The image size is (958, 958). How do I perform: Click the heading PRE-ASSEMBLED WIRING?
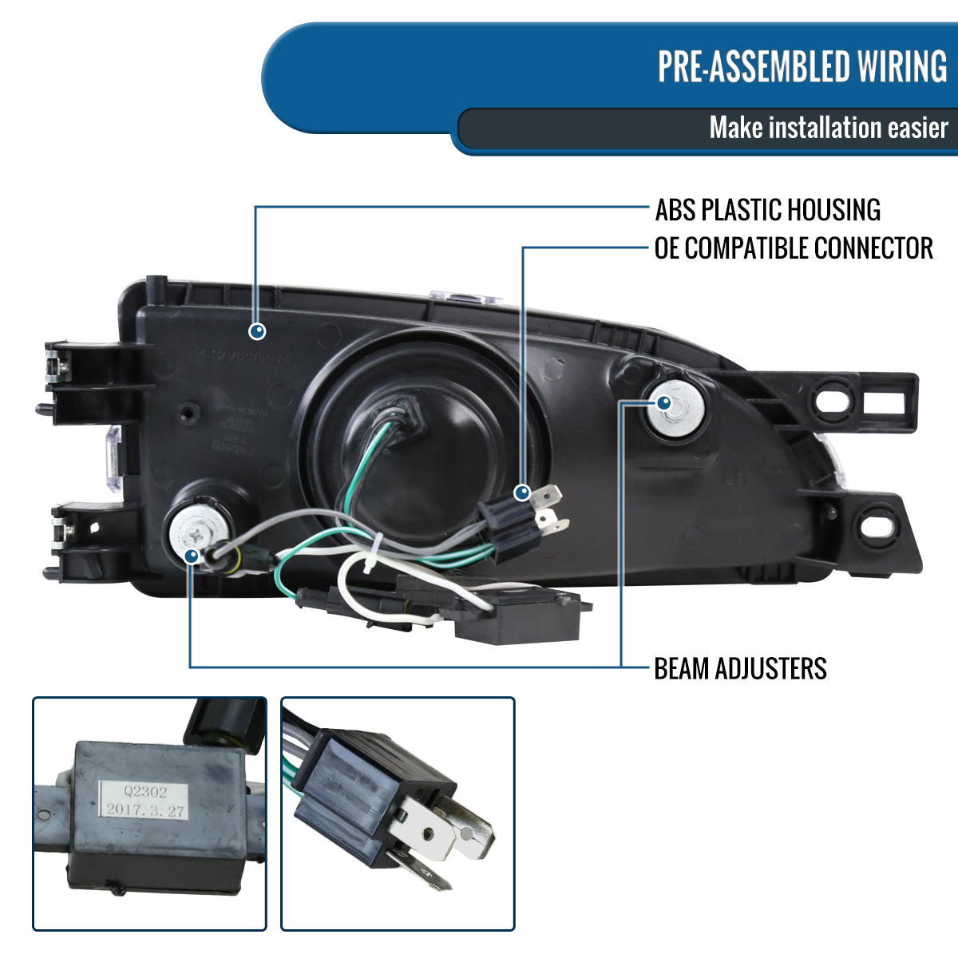(802, 66)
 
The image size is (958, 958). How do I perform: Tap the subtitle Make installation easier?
(828, 128)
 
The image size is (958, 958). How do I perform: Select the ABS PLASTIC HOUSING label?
(767, 210)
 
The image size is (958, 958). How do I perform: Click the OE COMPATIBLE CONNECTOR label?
(794, 248)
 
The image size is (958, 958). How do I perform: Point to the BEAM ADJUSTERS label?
(740, 668)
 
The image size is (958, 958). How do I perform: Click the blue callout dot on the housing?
(257, 331)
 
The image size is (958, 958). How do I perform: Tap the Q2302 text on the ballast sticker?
(144, 794)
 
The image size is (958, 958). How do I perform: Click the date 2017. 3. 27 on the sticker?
(144, 810)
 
